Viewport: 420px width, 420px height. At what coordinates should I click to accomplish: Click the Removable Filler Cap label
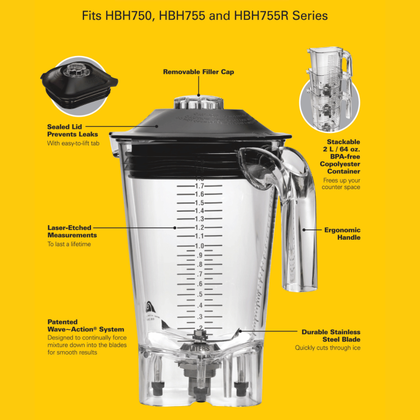click(x=198, y=72)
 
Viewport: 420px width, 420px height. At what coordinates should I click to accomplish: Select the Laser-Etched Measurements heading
click(x=72, y=231)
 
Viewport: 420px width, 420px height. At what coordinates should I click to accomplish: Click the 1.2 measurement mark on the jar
click(x=199, y=228)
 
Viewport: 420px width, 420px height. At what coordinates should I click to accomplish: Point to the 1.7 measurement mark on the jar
click(x=199, y=186)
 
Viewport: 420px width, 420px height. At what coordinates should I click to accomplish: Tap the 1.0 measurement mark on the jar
click(x=199, y=246)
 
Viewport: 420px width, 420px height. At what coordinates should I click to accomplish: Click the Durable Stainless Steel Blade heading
click(x=331, y=335)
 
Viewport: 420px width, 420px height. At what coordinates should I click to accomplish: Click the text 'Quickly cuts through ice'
click(x=327, y=348)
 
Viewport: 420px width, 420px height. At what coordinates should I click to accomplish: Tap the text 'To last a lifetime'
click(x=69, y=244)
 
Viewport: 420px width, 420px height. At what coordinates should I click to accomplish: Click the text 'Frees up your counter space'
click(x=341, y=184)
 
